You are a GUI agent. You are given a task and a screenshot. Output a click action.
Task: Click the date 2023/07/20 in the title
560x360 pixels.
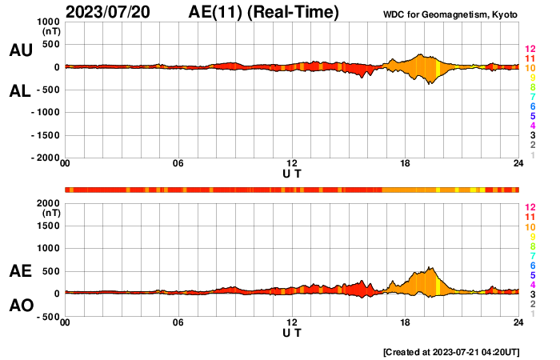pyautogui.click(x=109, y=12)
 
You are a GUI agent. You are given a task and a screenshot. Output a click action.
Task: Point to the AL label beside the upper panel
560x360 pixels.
pyautogui.click(x=20, y=91)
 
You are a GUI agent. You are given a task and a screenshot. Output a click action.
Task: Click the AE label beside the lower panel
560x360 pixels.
pyautogui.click(x=20, y=272)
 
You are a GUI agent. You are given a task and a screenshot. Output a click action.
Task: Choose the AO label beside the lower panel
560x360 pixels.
pyautogui.click(x=20, y=306)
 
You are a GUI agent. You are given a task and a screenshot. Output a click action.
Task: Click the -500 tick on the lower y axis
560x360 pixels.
pyautogui.click(x=46, y=316)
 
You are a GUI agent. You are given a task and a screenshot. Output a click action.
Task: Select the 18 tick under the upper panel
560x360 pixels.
pyautogui.click(x=406, y=163)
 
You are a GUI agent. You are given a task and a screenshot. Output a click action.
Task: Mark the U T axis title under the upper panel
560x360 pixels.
pyautogui.click(x=292, y=173)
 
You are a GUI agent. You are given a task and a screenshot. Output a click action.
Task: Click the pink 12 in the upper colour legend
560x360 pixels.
pyautogui.click(x=529, y=50)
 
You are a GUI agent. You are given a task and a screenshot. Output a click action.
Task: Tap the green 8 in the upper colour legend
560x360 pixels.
pyautogui.click(x=531, y=87)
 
